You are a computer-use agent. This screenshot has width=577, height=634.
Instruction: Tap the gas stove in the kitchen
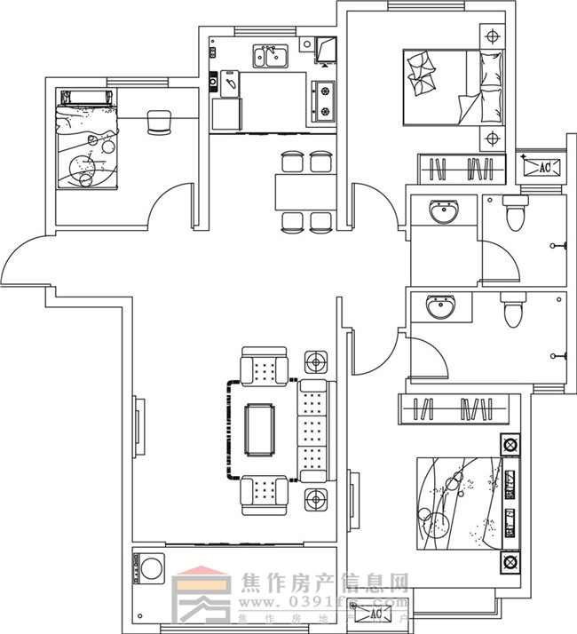[324, 100]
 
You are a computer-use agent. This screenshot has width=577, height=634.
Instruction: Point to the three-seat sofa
[313, 431]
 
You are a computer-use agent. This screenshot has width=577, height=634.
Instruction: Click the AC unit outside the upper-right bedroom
[541, 167]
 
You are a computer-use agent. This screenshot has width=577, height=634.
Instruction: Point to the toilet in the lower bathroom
[513, 311]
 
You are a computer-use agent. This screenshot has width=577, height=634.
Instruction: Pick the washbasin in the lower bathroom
[439, 308]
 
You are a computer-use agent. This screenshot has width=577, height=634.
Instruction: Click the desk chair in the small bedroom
[158, 122]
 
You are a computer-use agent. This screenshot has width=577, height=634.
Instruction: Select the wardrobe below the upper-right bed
[462, 169]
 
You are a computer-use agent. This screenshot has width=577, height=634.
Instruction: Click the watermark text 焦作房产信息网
[325, 583]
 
